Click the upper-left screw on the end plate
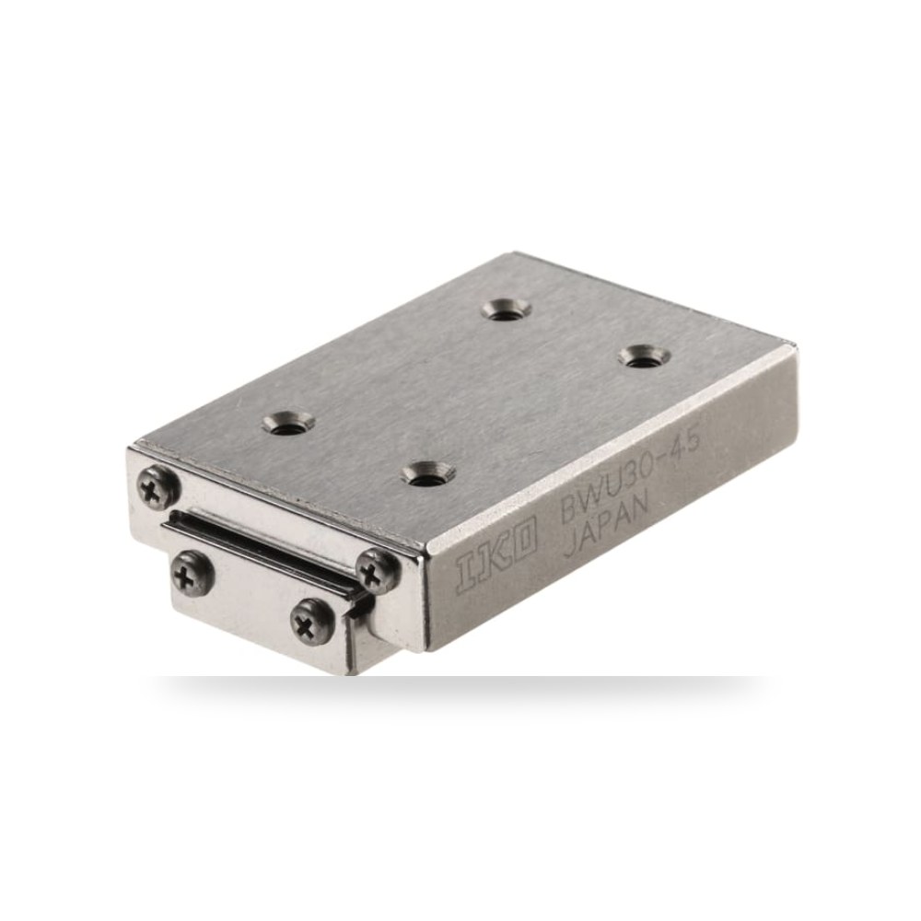(157, 486)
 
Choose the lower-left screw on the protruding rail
(192, 573)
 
